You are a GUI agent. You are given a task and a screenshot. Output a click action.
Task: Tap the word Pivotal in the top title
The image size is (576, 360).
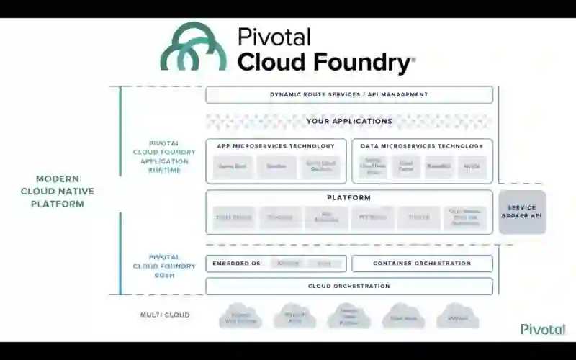(274, 36)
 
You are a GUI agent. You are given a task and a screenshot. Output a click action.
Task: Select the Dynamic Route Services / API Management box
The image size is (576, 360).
(349, 94)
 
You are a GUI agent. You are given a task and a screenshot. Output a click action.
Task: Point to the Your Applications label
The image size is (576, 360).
(349, 121)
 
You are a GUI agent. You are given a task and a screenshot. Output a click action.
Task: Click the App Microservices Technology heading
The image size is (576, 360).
(276, 146)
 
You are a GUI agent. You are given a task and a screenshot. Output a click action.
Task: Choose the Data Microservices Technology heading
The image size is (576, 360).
(422, 146)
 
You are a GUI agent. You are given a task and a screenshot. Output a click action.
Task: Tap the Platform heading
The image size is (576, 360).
(349, 197)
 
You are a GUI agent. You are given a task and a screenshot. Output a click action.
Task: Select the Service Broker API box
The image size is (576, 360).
(522, 212)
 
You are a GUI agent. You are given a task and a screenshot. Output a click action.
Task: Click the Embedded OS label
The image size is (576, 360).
(236, 264)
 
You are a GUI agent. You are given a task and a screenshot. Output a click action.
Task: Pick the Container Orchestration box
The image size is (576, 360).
(422, 264)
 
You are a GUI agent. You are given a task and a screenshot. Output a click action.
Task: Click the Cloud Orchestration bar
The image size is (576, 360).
(349, 286)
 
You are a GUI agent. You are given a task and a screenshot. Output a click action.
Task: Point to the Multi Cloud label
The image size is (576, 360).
(165, 315)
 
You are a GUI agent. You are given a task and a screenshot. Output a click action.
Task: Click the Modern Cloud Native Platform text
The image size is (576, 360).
(58, 191)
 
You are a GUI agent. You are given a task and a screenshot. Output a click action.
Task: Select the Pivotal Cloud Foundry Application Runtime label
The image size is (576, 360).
(163, 157)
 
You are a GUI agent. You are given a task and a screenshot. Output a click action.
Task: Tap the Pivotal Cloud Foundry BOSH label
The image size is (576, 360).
(163, 266)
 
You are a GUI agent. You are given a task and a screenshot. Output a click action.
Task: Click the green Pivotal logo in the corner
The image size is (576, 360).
(543, 329)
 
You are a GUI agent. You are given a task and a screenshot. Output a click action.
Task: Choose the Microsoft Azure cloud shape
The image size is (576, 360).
(295, 316)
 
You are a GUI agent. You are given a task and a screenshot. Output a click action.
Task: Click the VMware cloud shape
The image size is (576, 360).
(458, 316)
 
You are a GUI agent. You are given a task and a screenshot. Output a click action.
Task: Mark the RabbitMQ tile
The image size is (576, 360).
(439, 167)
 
